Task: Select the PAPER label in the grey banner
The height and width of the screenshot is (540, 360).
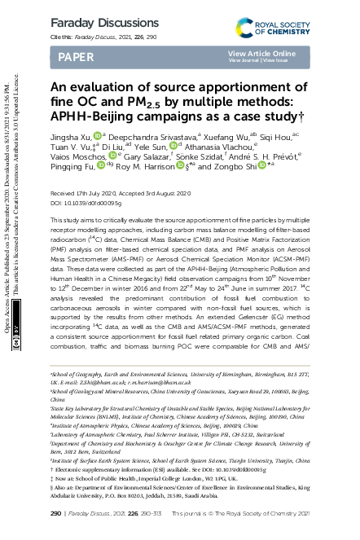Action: (72, 56)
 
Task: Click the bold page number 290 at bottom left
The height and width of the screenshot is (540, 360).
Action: (56, 514)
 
